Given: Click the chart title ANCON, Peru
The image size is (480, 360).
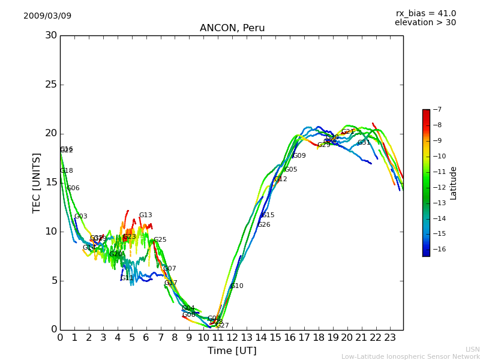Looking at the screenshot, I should click(232, 28).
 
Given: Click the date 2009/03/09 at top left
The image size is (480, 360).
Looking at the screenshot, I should click(47, 16).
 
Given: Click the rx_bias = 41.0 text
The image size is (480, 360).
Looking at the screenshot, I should click(425, 13).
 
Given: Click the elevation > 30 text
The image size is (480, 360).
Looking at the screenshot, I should click(425, 23).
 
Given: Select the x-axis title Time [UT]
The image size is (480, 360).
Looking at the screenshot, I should click(232, 351).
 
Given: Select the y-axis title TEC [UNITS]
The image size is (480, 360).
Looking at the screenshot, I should click(37, 182).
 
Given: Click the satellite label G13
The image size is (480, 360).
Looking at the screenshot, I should click(146, 215).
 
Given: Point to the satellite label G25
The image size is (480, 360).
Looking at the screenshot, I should click(160, 240).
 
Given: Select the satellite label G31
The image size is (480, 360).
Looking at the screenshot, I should click(364, 143).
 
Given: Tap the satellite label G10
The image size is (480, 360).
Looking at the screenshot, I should click(237, 286).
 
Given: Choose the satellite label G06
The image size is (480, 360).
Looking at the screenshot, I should click(73, 188).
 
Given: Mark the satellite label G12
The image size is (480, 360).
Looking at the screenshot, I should click(281, 179).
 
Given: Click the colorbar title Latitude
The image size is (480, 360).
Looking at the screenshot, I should click(454, 183).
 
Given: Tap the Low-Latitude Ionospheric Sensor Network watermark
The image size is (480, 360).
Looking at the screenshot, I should click(410, 356).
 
